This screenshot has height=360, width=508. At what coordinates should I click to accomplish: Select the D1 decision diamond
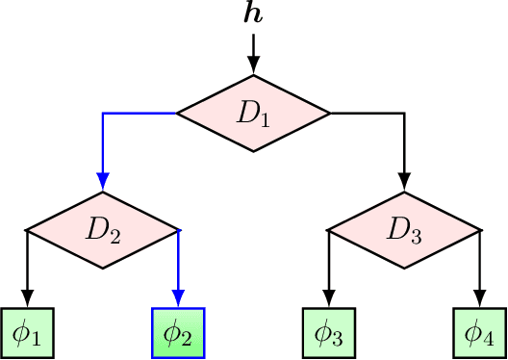click(254, 114)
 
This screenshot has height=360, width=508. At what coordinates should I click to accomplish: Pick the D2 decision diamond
click(102, 230)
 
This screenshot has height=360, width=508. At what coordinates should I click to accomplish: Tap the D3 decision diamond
click(405, 230)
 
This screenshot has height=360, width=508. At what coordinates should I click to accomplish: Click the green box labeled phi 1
click(27, 333)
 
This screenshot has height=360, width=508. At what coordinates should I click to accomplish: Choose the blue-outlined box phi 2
click(179, 333)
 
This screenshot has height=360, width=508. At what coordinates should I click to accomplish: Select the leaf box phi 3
click(330, 333)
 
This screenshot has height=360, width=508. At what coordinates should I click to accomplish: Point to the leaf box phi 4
click(480, 333)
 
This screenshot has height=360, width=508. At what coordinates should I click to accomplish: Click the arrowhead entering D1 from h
click(254, 66)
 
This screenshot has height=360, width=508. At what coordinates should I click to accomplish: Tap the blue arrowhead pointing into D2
click(102, 183)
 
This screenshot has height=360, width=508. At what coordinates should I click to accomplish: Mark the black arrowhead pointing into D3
click(405, 183)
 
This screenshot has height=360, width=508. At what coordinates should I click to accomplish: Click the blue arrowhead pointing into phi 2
click(179, 299)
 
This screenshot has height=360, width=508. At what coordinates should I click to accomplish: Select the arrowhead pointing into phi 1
click(27, 299)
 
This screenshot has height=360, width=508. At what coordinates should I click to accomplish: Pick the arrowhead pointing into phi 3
click(330, 299)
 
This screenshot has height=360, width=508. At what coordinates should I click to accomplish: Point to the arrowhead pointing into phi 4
click(480, 299)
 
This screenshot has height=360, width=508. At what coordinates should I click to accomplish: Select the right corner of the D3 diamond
click(479, 230)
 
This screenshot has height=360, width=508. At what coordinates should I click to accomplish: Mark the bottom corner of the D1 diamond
click(254, 151)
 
